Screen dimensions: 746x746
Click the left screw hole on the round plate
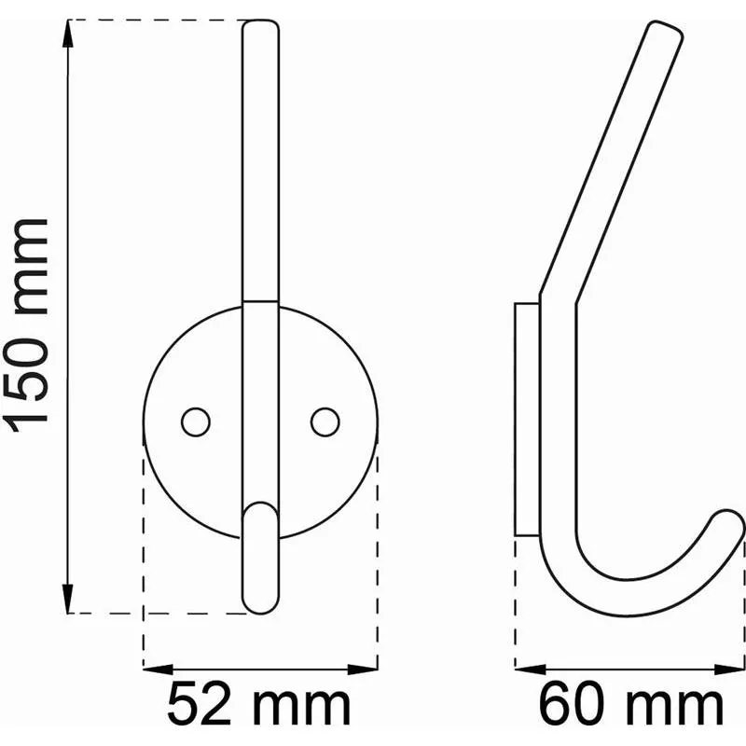(x=196, y=422)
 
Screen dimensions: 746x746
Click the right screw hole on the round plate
(x=325, y=422)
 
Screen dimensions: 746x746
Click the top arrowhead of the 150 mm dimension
(x=68, y=34)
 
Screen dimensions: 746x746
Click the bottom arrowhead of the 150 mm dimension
(x=68, y=599)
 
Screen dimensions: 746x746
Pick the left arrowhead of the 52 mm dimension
(x=158, y=670)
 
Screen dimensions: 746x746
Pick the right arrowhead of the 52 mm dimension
(x=363, y=670)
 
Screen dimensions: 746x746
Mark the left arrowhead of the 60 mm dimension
(x=531, y=670)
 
